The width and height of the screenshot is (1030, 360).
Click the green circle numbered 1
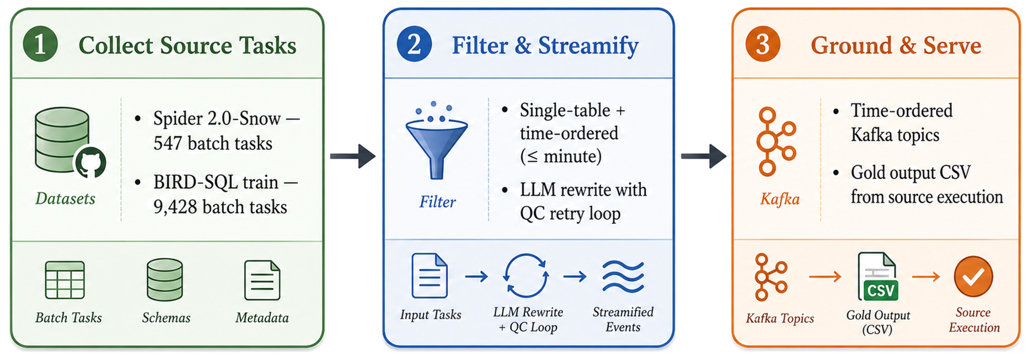[x=40, y=44]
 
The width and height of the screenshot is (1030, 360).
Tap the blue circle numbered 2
[x=414, y=44]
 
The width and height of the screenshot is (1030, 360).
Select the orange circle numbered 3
[x=763, y=44]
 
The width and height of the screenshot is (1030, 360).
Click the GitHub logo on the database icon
[x=90, y=163]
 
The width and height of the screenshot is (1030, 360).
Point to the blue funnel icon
[x=437, y=141]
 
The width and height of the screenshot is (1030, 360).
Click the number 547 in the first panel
[x=168, y=143]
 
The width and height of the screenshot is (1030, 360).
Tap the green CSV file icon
[x=878, y=277]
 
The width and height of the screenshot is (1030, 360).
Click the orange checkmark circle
[x=973, y=277]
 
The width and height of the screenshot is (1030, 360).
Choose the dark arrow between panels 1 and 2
[x=353, y=156]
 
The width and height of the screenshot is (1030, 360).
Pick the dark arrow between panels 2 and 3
[x=704, y=156]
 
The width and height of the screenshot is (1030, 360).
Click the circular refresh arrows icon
[x=526, y=276]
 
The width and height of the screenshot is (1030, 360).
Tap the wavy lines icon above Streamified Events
[x=623, y=277]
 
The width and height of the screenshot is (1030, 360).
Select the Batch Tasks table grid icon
[x=65, y=280]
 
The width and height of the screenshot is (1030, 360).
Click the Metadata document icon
[x=262, y=280]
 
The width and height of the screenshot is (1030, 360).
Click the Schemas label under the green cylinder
[x=166, y=318]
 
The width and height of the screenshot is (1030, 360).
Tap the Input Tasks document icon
[x=429, y=276]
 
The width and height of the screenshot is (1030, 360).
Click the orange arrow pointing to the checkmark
[x=926, y=277]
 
